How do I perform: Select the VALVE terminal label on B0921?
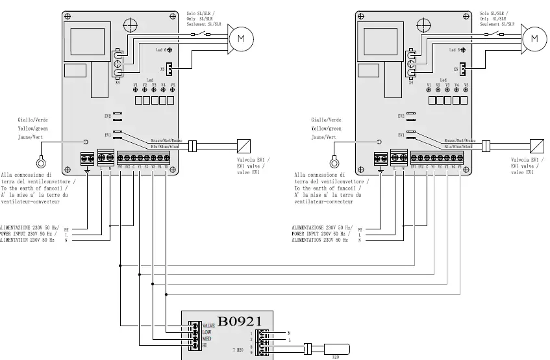pos(208,325)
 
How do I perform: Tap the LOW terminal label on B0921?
pos(206,331)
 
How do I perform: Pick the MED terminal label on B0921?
pos(206,339)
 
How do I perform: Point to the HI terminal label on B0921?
pos(205,345)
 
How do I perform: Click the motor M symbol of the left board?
pos(241,38)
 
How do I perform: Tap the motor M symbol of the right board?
pos(534,38)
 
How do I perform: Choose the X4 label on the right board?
pos(410,83)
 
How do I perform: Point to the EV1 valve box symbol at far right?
pos(537,145)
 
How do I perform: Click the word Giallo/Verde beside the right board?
pos(325,120)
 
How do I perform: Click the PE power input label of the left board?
pos(66,229)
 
